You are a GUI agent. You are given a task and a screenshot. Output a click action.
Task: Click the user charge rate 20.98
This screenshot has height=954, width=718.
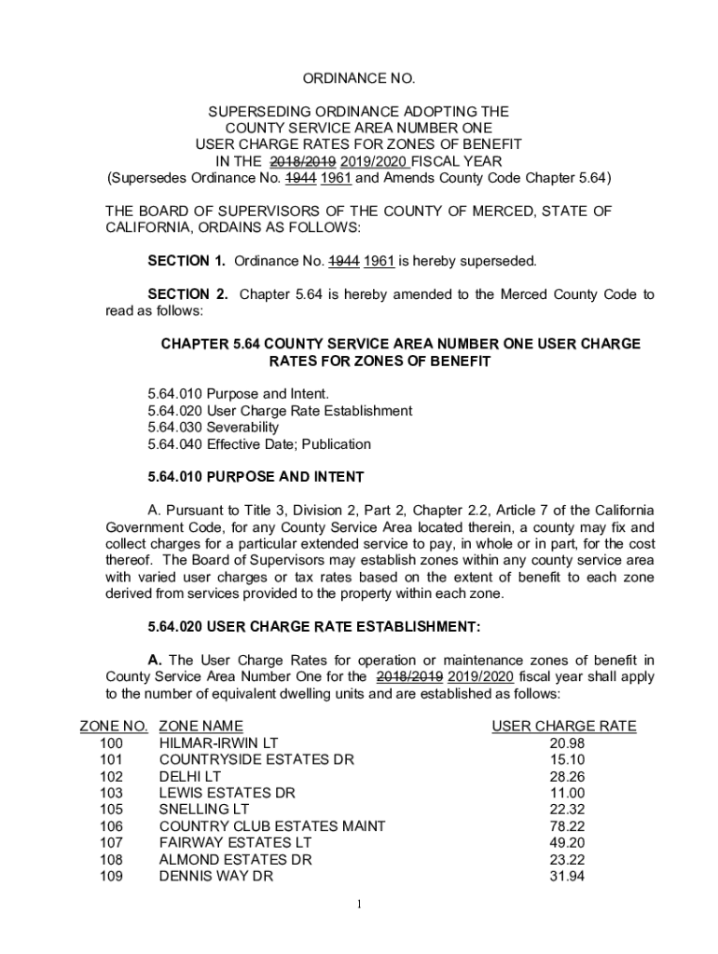coord(567,743)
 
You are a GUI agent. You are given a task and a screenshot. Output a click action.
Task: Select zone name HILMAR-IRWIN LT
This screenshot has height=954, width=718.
coord(219,743)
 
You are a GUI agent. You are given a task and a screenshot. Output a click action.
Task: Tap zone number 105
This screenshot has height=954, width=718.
coord(111,810)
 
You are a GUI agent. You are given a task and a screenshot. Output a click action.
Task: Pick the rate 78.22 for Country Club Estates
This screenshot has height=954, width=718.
coord(567,826)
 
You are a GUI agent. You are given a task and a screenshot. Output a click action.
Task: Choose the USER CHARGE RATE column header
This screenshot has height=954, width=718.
coord(563,726)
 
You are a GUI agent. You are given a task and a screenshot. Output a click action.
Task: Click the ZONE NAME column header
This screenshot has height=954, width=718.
coord(201,726)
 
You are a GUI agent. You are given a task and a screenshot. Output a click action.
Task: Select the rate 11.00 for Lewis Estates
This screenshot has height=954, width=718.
coord(567,793)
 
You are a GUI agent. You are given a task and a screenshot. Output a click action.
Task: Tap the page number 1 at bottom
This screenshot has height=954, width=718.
coord(359,905)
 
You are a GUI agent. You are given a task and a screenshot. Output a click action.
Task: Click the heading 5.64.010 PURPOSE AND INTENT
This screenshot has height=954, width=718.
coord(255,477)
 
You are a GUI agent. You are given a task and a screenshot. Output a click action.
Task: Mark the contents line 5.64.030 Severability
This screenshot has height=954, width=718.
coord(213,428)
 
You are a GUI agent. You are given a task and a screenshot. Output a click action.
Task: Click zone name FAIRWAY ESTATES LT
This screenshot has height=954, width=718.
coord(223,843)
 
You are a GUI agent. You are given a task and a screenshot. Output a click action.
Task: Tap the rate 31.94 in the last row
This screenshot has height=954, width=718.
coord(567,877)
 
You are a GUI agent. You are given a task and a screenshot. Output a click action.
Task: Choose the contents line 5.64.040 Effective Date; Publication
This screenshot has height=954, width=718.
coord(259,444)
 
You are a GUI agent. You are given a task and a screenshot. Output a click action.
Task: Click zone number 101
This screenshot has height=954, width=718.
coord(111,759)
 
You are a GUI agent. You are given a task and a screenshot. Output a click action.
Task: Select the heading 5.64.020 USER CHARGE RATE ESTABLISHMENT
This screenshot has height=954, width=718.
coord(314,626)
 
